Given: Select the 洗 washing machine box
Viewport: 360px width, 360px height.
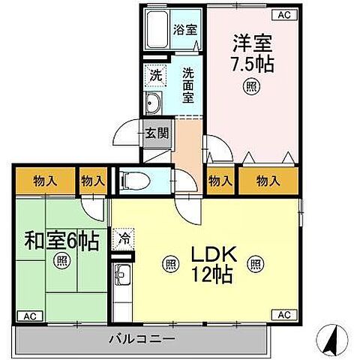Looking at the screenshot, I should pos(154,75).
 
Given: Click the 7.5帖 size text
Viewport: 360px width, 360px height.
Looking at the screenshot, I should pos(250,64).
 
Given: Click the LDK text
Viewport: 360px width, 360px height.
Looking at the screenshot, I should pos(213,255).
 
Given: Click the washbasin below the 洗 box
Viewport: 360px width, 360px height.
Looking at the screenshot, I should pos(153,103).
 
